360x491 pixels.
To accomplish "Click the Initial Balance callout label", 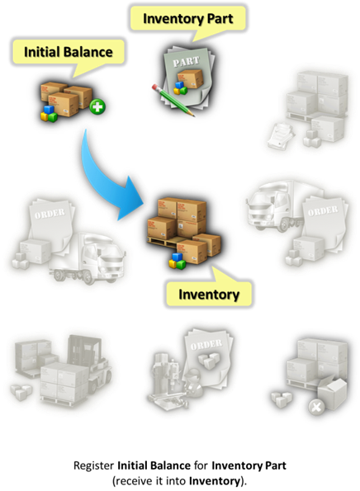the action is pos(69,52).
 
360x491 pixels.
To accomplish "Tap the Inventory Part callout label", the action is pos(187,18).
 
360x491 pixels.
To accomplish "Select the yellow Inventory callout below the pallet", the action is pos(209,294).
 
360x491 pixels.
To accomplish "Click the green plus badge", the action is pos(97,106).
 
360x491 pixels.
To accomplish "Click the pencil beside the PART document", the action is pos(173,100).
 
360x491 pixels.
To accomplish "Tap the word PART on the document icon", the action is pos(186,62).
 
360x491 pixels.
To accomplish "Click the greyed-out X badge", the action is pos(316,408).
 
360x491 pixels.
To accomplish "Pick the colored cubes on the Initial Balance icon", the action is pos(49,115).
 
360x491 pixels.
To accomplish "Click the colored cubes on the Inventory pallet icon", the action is pos(178,261).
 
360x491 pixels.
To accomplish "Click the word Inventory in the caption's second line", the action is pos(215,480).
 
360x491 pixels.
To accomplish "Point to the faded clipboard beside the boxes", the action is pos(281,135).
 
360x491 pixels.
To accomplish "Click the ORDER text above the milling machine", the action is pos(206,345).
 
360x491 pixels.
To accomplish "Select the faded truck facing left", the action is pos(276,205).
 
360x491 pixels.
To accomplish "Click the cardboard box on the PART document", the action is pos(190,78).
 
